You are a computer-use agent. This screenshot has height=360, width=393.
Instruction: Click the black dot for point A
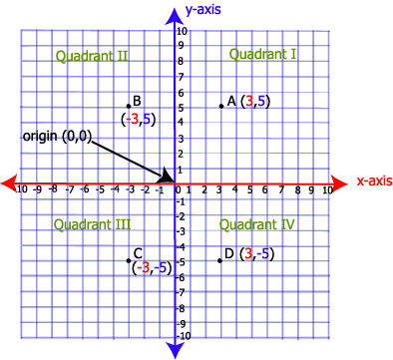pos(220,106)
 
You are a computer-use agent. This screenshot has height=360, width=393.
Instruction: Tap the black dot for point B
pos(129,106)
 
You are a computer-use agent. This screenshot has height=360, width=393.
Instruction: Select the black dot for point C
pos(129,260)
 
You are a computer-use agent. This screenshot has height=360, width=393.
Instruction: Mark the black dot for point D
pos(220,260)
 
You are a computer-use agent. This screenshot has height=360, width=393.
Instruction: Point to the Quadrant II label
pos(93,56)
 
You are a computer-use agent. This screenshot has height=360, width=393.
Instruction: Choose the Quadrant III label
pos(92,224)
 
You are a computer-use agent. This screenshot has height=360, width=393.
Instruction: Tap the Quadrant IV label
pos(256,224)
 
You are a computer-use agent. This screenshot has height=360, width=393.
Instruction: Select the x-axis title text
pos(373,181)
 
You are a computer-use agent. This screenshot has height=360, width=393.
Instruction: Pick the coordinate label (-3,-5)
pos(152,267)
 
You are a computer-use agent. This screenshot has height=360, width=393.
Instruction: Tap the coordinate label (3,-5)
pos(256,253)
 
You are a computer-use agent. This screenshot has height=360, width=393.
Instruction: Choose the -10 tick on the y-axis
pos(183,336)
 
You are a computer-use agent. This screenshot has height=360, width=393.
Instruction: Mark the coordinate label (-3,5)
pos(137,119)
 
